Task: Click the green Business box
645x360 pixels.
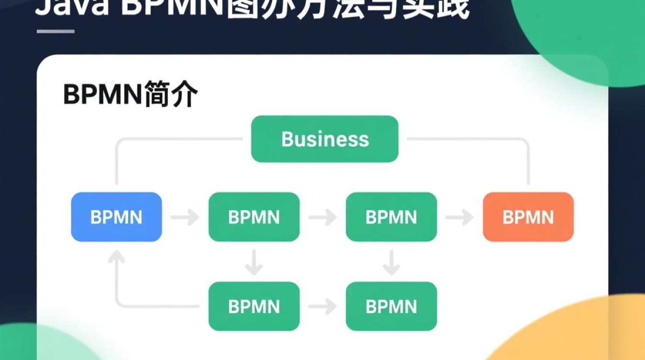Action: [x=325, y=139]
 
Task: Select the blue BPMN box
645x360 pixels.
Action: [x=116, y=217]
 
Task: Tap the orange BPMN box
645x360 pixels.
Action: [x=528, y=217]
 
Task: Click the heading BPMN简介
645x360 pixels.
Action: [x=130, y=95]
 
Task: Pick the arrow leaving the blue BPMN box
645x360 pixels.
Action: [x=185, y=217]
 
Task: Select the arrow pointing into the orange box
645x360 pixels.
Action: [x=459, y=217]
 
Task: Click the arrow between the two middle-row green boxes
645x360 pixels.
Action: [x=322, y=217]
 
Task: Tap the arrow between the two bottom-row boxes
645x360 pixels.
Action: [x=322, y=306]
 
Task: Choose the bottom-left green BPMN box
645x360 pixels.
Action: [x=254, y=306]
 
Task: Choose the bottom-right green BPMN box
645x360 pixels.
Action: [x=391, y=306]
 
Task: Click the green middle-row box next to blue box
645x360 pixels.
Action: [x=254, y=217]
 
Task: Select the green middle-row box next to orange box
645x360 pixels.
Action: [x=391, y=217]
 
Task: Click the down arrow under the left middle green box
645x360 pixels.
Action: [x=254, y=262]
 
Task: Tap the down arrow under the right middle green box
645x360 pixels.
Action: [x=391, y=262]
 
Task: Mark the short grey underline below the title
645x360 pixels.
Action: [x=56, y=32]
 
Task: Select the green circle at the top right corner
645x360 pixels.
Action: [x=590, y=34]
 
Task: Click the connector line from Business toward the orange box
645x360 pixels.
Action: [x=480, y=140]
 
